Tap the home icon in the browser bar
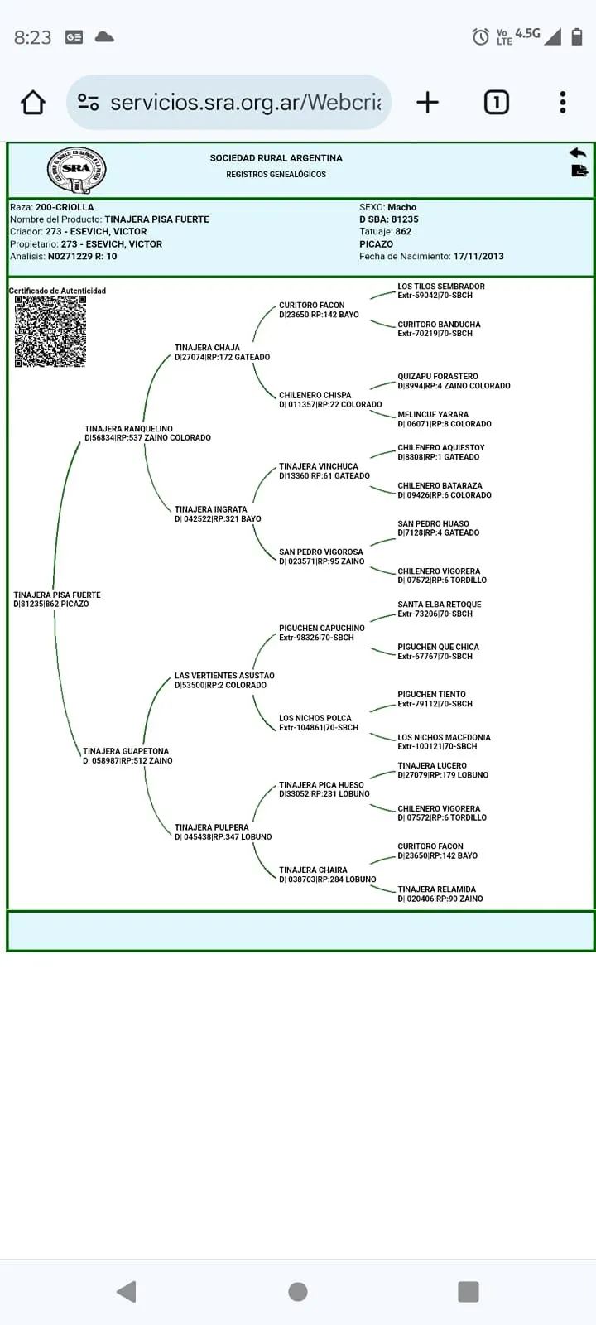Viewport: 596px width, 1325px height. (x=33, y=103)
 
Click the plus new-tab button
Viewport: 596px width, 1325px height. (x=427, y=103)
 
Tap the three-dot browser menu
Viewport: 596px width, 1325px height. (x=562, y=103)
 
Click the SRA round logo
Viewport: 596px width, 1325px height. (x=77, y=170)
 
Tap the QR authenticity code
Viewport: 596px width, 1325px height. (x=50, y=331)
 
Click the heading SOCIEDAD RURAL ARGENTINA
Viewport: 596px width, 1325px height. (x=276, y=158)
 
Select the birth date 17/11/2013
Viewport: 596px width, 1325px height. (x=478, y=256)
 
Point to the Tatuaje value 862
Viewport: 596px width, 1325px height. (x=403, y=231)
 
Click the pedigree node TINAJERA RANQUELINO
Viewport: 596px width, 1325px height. (x=128, y=428)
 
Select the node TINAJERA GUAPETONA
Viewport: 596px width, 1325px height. (x=125, y=751)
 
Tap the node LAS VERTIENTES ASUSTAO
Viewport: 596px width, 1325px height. (x=224, y=676)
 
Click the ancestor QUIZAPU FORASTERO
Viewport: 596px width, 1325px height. (x=438, y=376)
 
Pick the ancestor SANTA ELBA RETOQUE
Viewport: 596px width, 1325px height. (x=440, y=605)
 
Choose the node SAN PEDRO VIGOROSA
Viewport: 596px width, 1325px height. (x=321, y=552)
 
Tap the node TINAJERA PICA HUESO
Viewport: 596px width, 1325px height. (x=321, y=785)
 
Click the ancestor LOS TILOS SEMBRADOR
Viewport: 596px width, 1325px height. (x=441, y=287)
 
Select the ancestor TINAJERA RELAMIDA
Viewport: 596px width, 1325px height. (x=436, y=889)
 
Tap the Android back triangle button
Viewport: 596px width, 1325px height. (x=127, y=1291)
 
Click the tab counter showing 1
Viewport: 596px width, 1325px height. (x=496, y=103)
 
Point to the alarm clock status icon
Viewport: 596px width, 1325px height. (x=481, y=36)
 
